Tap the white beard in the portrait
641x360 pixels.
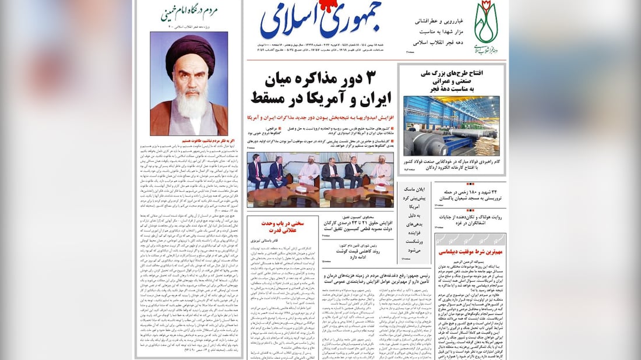[x=190, y=104]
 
